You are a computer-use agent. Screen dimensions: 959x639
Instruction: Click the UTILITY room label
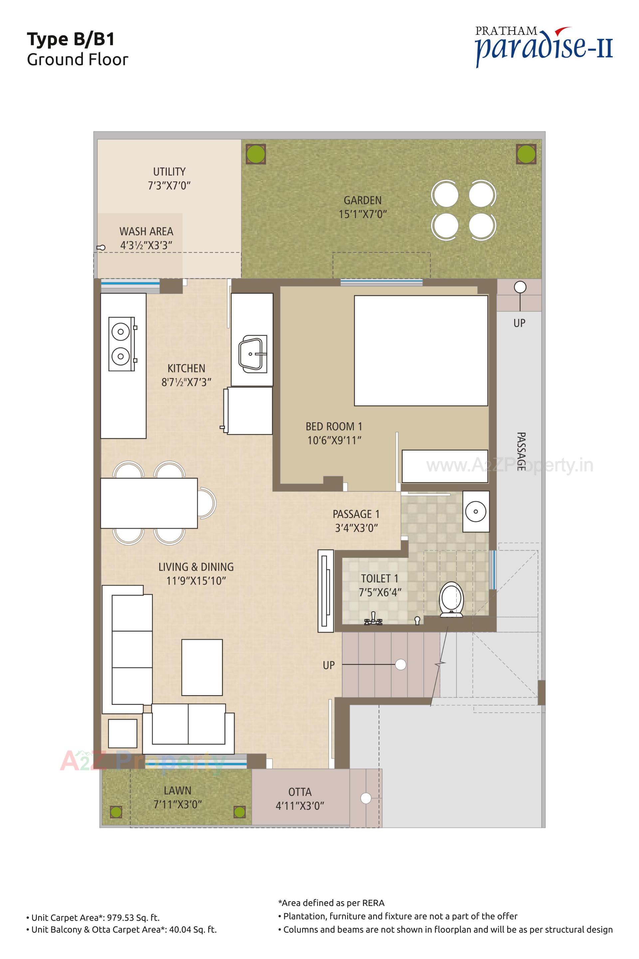click(x=169, y=172)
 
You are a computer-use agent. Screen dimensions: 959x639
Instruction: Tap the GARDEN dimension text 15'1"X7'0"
click(x=362, y=214)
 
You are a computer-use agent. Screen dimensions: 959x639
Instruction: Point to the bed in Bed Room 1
click(x=421, y=350)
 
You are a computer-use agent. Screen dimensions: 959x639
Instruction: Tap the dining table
click(x=149, y=503)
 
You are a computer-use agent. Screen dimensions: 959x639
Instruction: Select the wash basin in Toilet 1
click(x=476, y=511)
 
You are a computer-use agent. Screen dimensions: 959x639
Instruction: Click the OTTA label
click(x=300, y=792)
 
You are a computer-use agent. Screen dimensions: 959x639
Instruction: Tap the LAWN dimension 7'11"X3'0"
click(x=177, y=804)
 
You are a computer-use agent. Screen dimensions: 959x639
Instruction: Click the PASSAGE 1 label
click(x=356, y=514)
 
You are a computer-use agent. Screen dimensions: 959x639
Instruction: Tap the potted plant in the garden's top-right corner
click(x=526, y=154)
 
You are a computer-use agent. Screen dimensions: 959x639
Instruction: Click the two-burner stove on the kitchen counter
click(x=121, y=344)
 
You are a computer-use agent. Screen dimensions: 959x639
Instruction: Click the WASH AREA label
click(x=146, y=231)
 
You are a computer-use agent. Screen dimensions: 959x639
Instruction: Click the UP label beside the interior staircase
click(x=328, y=665)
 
